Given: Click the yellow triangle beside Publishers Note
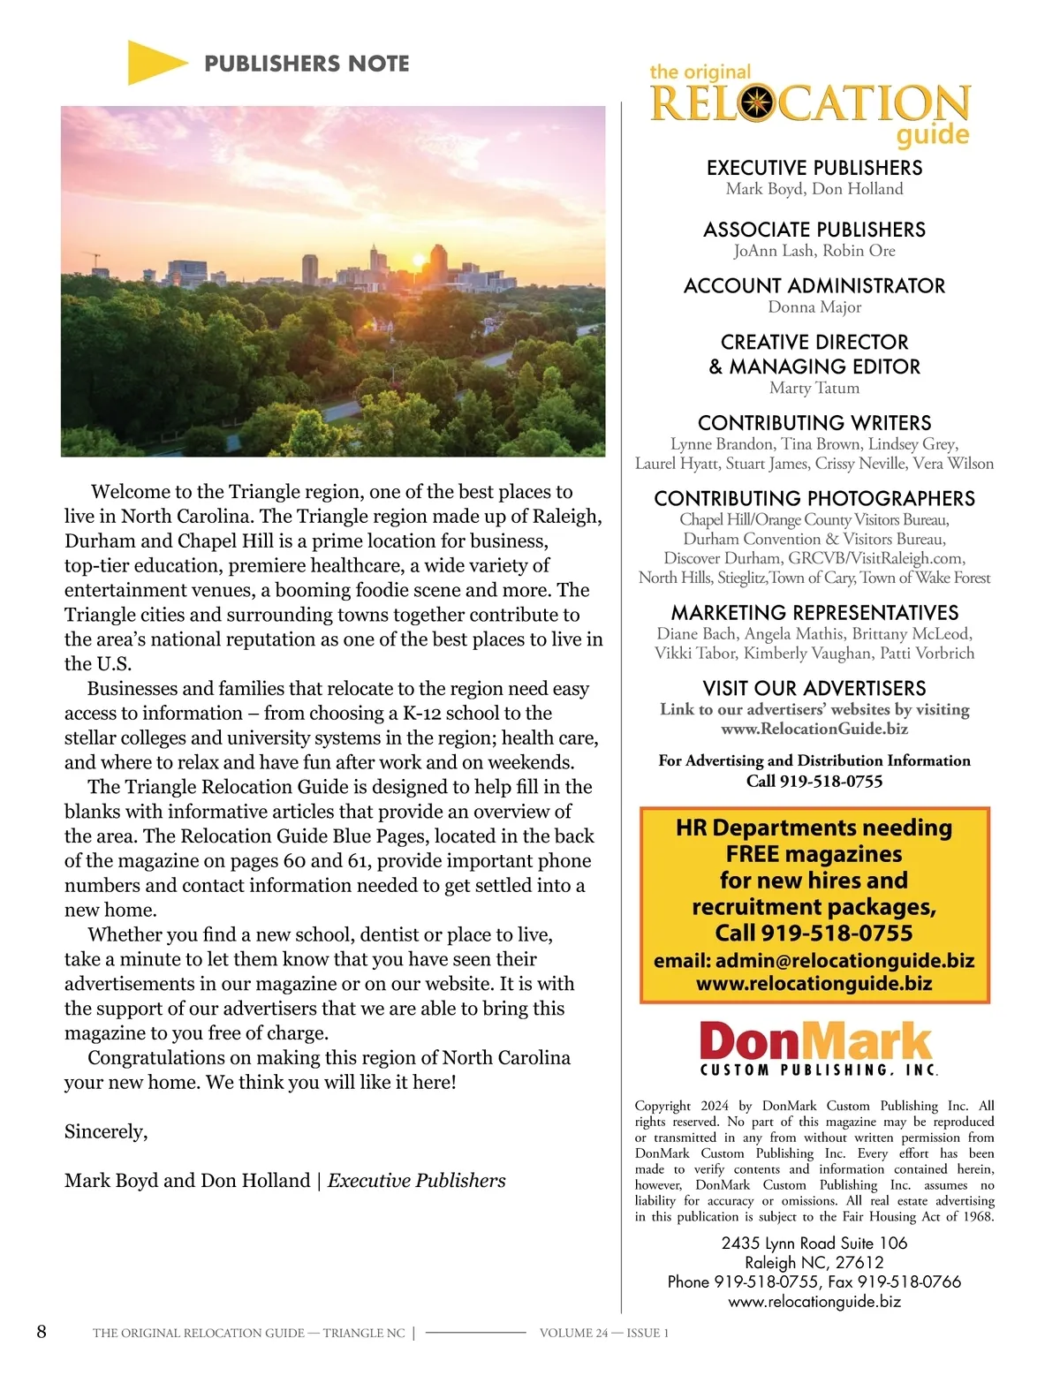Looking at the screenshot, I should click(155, 63).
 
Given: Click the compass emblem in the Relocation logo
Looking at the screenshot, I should click(757, 103).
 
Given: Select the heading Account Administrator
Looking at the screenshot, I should click(814, 286).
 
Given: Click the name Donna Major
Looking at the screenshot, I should click(814, 307).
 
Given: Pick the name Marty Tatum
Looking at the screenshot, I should click(814, 388).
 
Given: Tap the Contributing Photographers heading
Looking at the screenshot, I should click(814, 499).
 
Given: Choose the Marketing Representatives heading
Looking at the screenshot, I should click(814, 613).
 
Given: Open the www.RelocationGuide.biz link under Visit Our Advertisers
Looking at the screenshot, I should click(814, 730).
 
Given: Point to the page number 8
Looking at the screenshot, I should click(42, 1332).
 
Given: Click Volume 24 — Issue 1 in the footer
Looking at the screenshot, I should click(603, 1334).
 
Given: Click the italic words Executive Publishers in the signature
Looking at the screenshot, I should click(416, 1182).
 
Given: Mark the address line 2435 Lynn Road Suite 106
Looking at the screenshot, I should click(814, 1244).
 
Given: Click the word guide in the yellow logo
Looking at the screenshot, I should click(932, 135).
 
